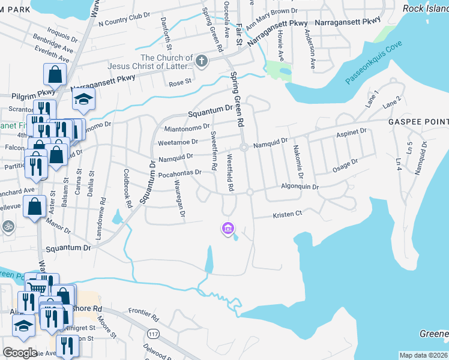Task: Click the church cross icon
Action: tap(202, 61)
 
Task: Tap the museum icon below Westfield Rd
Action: tap(228, 229)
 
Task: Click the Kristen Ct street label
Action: tap(287, 214)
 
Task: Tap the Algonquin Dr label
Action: tap(300, 187)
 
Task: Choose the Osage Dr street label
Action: tap(345, 166)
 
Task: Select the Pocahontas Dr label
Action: tap(179, 173)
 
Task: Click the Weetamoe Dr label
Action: tap(178, 142)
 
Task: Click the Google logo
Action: tap(20, 353)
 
